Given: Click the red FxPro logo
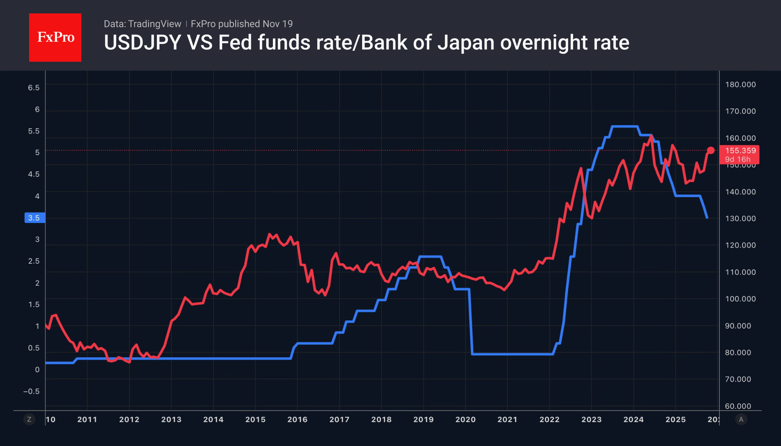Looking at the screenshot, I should (55, 37).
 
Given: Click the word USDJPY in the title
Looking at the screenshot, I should (143, 43).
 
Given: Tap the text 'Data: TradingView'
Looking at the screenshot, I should (142, 24).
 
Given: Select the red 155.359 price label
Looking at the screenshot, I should (740, 151).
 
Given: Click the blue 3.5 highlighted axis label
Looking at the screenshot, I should (34, 218).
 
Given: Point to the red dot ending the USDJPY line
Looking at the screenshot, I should (710, 150).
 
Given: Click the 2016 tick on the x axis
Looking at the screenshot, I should (297, 420).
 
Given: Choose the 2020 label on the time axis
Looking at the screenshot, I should (465, 420).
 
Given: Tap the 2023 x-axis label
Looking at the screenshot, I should (591, 420).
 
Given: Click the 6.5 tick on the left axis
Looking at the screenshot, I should (34, 88).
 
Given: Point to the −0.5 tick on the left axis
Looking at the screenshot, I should (31, 391).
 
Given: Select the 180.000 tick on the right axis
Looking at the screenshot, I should (740, 85).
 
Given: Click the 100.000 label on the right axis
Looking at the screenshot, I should (740, 299).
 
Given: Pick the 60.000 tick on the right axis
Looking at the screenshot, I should (738, 406).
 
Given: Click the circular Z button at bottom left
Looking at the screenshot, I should (29, 420).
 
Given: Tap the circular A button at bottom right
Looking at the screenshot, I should (741, 420).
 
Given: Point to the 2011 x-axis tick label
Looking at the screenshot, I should (87, 420).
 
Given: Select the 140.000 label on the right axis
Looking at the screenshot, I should (740, 192).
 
